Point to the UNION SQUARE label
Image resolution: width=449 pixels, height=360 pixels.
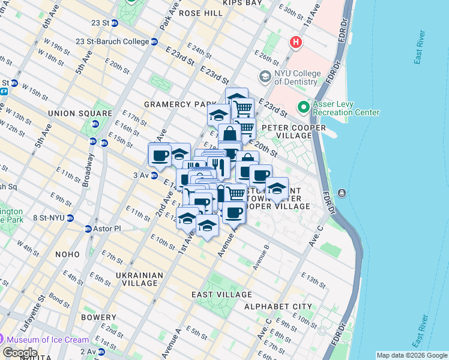pyautogui.click(x=73, y=113)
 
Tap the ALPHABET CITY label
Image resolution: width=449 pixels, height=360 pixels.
pyautogui.click(x=278, y=307)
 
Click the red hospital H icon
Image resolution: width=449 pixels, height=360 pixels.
pyautogui.click(x=295, y=43)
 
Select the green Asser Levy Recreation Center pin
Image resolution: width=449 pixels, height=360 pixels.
pyautogui.click(x=303, y=107)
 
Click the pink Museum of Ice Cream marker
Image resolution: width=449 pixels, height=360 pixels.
pyautogui.click(x=7, y=340)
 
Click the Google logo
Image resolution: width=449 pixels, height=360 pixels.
pyautogui.click(x=20, y=352)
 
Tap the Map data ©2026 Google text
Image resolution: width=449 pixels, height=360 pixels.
pyautogui.click(x=412, y=355)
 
